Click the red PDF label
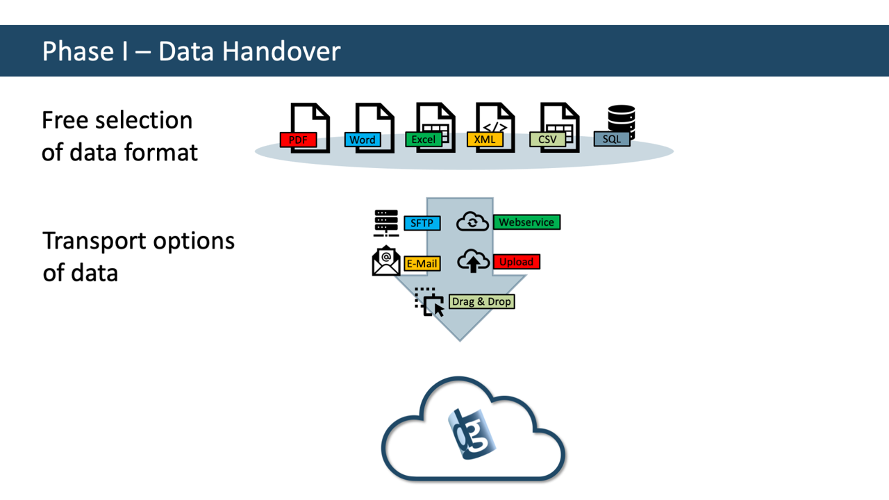tap(298, 140)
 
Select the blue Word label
tap(363, 140)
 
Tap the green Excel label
tap(424, 140)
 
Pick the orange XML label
tap(485, 140)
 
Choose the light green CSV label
tap(547, 140)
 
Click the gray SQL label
tap(612, 139)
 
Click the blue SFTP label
tap(422, 223)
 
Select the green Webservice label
tap(526, 222)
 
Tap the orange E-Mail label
tap(422, 264)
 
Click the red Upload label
tap(516, 262)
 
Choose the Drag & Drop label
tap(481, 301)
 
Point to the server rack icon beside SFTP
tap(386, 223)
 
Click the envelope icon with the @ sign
tap(386, 261)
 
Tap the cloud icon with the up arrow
tap(473, 261)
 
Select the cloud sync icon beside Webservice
tap(472, 222)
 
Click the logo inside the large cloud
tap(473, 434)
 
